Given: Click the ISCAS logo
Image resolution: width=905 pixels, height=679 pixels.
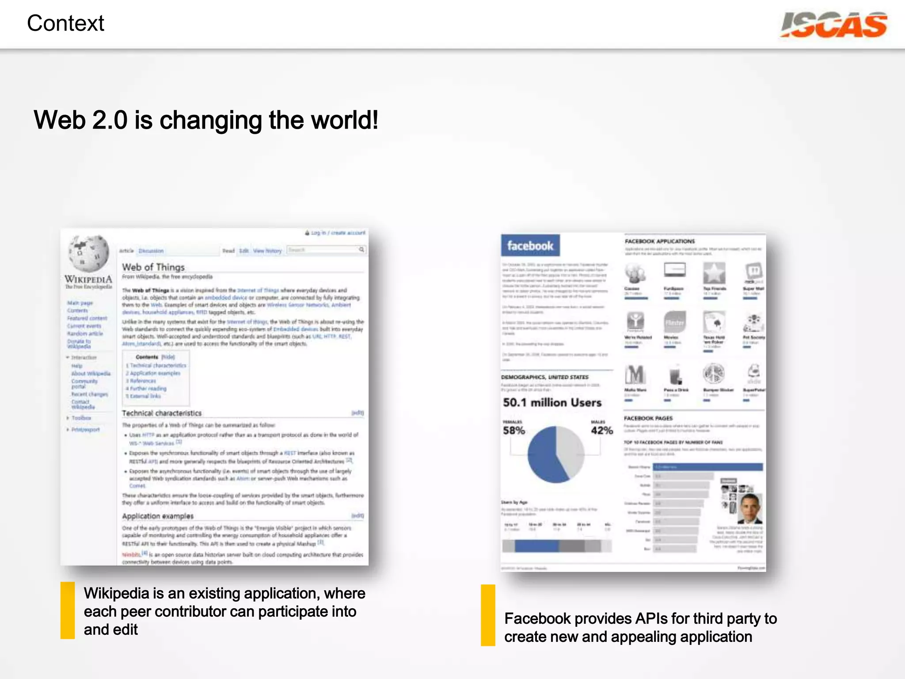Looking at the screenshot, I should click(833, 25).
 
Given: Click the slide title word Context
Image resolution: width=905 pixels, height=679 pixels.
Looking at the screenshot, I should click(65, 23).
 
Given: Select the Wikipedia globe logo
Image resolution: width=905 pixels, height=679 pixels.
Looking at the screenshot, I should click(88, 253).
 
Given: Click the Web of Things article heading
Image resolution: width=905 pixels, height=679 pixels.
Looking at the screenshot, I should click(153, 267).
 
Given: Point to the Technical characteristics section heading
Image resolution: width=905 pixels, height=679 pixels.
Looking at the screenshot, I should click(162, 413).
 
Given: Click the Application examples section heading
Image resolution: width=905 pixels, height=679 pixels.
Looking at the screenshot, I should click(158, 516).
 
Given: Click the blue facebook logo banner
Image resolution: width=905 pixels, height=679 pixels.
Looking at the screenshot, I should click(530, 245).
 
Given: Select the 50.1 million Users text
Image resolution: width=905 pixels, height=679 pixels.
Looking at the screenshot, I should click(552, 403).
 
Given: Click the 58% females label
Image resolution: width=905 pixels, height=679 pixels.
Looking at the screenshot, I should click(514, 430).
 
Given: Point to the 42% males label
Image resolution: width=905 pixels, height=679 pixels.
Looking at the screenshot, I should click(602, 430).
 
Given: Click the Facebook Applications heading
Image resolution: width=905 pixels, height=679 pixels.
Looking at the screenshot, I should click(660, 241).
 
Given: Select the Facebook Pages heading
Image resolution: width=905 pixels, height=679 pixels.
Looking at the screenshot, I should click(648, 418).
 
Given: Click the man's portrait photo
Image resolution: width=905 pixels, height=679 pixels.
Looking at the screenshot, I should click(750, 508).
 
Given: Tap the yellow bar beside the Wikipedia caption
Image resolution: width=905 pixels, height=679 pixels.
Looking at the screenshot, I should click(68, 610).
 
